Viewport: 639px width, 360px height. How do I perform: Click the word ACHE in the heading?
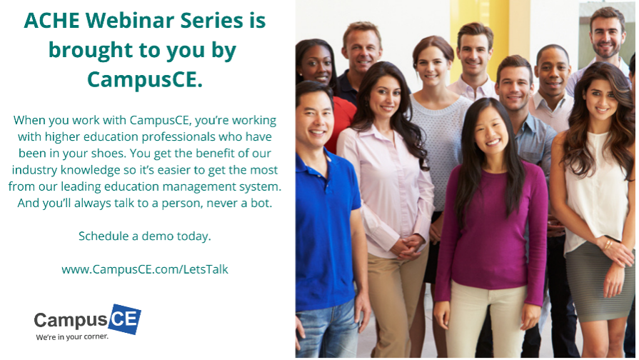[x=51, y=21]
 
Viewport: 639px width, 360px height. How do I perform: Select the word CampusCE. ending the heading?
[x=145, y=79]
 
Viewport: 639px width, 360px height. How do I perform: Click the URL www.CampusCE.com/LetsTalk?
[x=145, y=269]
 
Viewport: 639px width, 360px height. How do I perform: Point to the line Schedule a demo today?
[x=145, y=236]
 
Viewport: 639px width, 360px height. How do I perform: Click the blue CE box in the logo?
[x=125, y=319]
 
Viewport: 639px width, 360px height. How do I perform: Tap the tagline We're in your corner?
[x=72, y=336]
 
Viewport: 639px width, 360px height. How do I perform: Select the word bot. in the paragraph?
[x=261, y=203]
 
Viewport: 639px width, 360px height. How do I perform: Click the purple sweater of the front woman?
[x=491, y=229]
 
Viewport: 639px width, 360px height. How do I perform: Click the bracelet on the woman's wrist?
[x=608, y=244]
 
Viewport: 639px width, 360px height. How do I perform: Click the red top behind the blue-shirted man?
[x=341, y=123]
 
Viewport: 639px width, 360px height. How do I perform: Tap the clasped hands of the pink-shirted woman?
[x=406, y=247]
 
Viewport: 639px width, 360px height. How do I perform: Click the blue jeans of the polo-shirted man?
[x=328, y=329]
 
